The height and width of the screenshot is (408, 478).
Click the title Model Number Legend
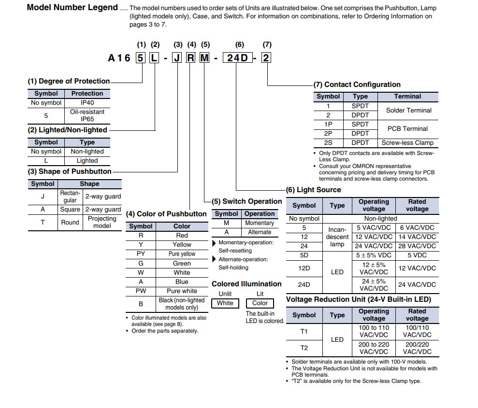[x=72, y=7]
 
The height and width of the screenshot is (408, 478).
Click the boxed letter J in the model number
[x=178, y=58]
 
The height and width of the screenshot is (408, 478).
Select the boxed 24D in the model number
[x=237, y=58]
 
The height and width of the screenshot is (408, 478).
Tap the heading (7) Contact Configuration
[x=357, y=84]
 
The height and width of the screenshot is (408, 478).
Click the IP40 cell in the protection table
[x=87, y=103]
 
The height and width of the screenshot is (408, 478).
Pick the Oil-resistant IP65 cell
[x=87, y=115]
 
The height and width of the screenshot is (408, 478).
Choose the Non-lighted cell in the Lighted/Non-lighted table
[x=87, y=152]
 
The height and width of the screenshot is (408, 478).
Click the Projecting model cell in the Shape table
[x=102, y=222]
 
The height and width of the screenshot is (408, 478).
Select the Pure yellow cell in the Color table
[x=182, y=254]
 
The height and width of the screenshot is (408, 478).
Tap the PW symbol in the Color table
[x=141, y=291]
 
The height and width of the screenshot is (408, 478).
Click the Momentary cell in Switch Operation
[x=260, y=223]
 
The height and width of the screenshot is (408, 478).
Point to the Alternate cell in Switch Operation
[x=260, y=232]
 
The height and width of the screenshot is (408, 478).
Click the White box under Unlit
[x=225, y=303]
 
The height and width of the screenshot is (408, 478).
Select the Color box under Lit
[x=260, y=303]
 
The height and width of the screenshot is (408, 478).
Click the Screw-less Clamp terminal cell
[x=407, y=143]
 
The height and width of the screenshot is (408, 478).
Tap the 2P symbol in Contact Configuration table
[x=328, y=134]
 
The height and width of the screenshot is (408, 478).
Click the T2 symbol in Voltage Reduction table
[x=304, y=348]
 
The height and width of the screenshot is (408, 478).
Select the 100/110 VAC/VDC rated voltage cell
[x=417, y=331]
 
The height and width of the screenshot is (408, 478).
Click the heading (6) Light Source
[x=313, y=190]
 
